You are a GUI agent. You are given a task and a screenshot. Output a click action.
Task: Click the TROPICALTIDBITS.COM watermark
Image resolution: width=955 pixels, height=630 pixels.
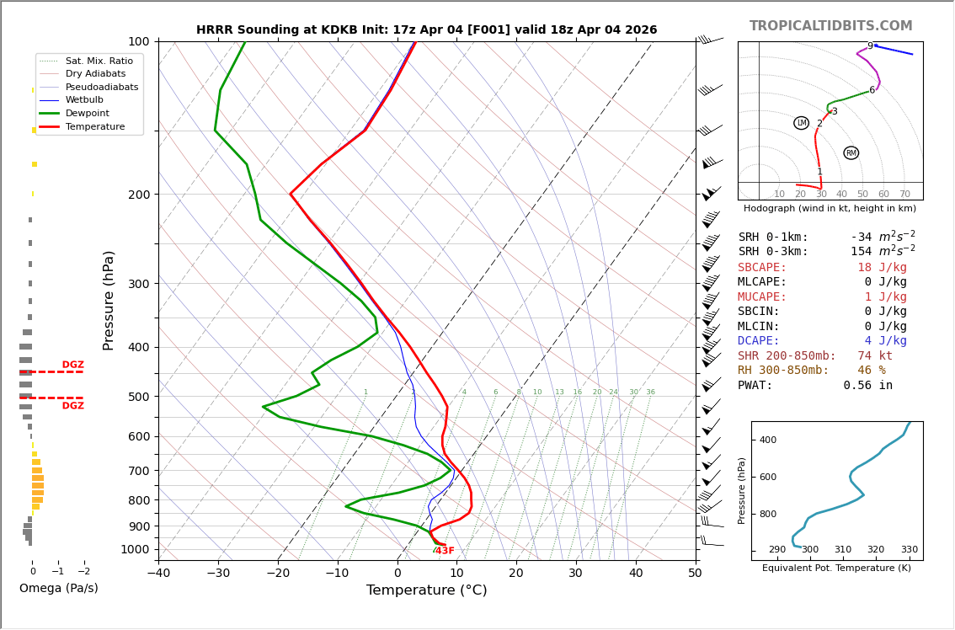tap(830, 26)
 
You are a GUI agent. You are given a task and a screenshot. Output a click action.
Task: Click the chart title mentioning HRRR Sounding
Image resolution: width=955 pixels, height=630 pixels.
tap(426, 30)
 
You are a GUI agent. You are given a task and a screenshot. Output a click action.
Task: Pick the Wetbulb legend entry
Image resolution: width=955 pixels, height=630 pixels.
tap(83, 100)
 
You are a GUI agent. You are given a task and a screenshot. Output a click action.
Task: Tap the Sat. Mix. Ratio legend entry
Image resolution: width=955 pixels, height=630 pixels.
tap(99, 61)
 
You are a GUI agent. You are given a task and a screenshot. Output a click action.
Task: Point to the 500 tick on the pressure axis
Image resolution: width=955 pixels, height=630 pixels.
tap(138, 397)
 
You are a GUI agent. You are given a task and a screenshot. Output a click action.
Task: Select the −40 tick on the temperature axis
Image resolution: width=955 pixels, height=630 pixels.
tap(158, 574)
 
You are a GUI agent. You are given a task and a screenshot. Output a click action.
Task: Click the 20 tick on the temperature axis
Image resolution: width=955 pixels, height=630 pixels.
tap(516, 574)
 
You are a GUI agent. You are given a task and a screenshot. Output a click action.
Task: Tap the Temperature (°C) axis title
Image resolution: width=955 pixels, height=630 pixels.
tap(426, 590)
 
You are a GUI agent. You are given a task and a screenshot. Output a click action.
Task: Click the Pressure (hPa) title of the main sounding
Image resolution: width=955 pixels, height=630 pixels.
tap(109, 300)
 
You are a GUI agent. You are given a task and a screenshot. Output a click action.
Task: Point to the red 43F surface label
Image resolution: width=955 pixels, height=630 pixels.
tap(445, 551)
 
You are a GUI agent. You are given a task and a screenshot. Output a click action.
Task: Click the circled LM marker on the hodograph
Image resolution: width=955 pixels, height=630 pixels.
tap(801, 123)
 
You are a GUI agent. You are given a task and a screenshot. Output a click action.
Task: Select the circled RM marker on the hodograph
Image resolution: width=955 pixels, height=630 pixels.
tap(851, 152)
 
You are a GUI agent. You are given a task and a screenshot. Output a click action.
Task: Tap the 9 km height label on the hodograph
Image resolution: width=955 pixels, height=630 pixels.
tap(870, 46)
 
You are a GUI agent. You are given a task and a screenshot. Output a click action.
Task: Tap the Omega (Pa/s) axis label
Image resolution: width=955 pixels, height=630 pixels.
tap(59, 588)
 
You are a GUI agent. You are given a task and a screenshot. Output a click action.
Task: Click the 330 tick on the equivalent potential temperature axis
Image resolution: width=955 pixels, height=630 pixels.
tap(910, 549)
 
